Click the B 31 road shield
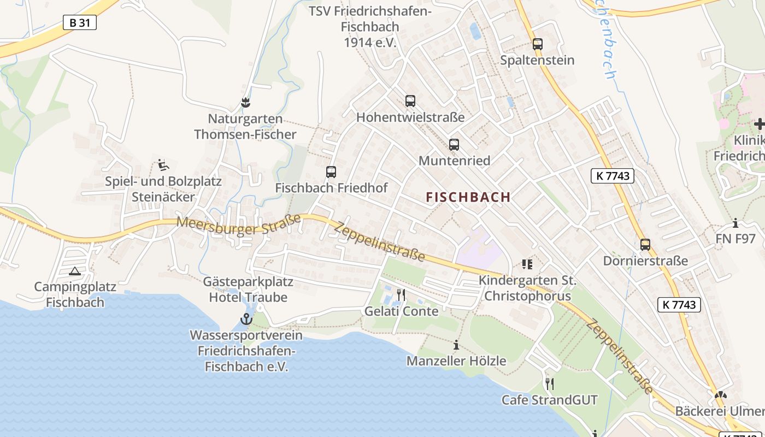tap(79, 22)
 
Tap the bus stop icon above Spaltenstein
tap(538, 44)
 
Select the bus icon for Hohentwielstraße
tap(410, 101)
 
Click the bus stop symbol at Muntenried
tap(454, 145)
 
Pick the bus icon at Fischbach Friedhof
tap(331, 172)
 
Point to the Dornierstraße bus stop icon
tap(645, 245)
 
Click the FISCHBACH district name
tap(468, 197)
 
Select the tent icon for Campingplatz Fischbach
tap(74, 271)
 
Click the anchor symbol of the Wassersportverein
tap(246, 319)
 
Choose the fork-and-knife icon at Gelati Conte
tap(401, 295)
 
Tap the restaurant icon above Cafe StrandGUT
tap(550, 384)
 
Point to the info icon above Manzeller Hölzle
tap(456, 345)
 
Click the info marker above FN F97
tap(735, 223)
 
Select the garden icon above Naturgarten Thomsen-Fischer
tap(245, 102)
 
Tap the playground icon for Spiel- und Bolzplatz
tap(162, 164)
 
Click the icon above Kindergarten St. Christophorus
tap(527, 264)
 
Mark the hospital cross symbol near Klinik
tap(759, 124)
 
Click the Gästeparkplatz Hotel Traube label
tap(248, 290)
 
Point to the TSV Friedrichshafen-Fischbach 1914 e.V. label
tap(370, 27)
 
